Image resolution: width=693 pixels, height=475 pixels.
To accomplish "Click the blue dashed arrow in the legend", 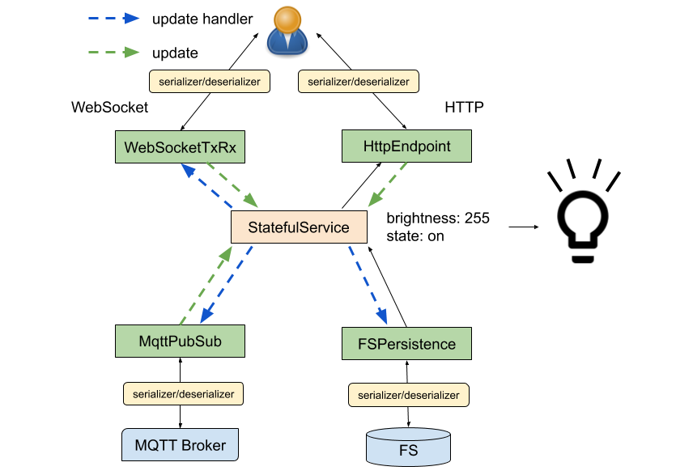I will point(113,18).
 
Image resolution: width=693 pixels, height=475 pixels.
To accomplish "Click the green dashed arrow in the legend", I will point(113,52).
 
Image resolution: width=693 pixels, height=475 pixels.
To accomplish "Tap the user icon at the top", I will point(287,31).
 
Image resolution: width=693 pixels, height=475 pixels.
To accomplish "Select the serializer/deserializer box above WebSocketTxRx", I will point(209,82).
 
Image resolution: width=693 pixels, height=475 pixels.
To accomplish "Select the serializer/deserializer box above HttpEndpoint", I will point(359,82).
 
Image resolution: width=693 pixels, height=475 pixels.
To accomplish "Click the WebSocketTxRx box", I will point(180,147).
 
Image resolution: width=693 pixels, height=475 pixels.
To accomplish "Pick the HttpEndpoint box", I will point(406,146).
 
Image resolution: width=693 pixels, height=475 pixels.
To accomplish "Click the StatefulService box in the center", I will point(299,227).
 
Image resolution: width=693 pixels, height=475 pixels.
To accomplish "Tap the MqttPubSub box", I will point(180,341).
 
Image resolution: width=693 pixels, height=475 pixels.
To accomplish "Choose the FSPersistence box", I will point(406,344).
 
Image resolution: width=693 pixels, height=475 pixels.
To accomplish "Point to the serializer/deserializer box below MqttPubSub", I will point(183,394).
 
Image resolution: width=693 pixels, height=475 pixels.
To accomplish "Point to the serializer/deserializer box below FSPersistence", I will point(409,396).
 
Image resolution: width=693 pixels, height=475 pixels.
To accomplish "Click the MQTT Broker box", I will point(180,445).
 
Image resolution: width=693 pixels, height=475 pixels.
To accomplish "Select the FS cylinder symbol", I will point(408,447).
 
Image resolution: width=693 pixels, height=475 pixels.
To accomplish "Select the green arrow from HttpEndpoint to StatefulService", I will point(388,185).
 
